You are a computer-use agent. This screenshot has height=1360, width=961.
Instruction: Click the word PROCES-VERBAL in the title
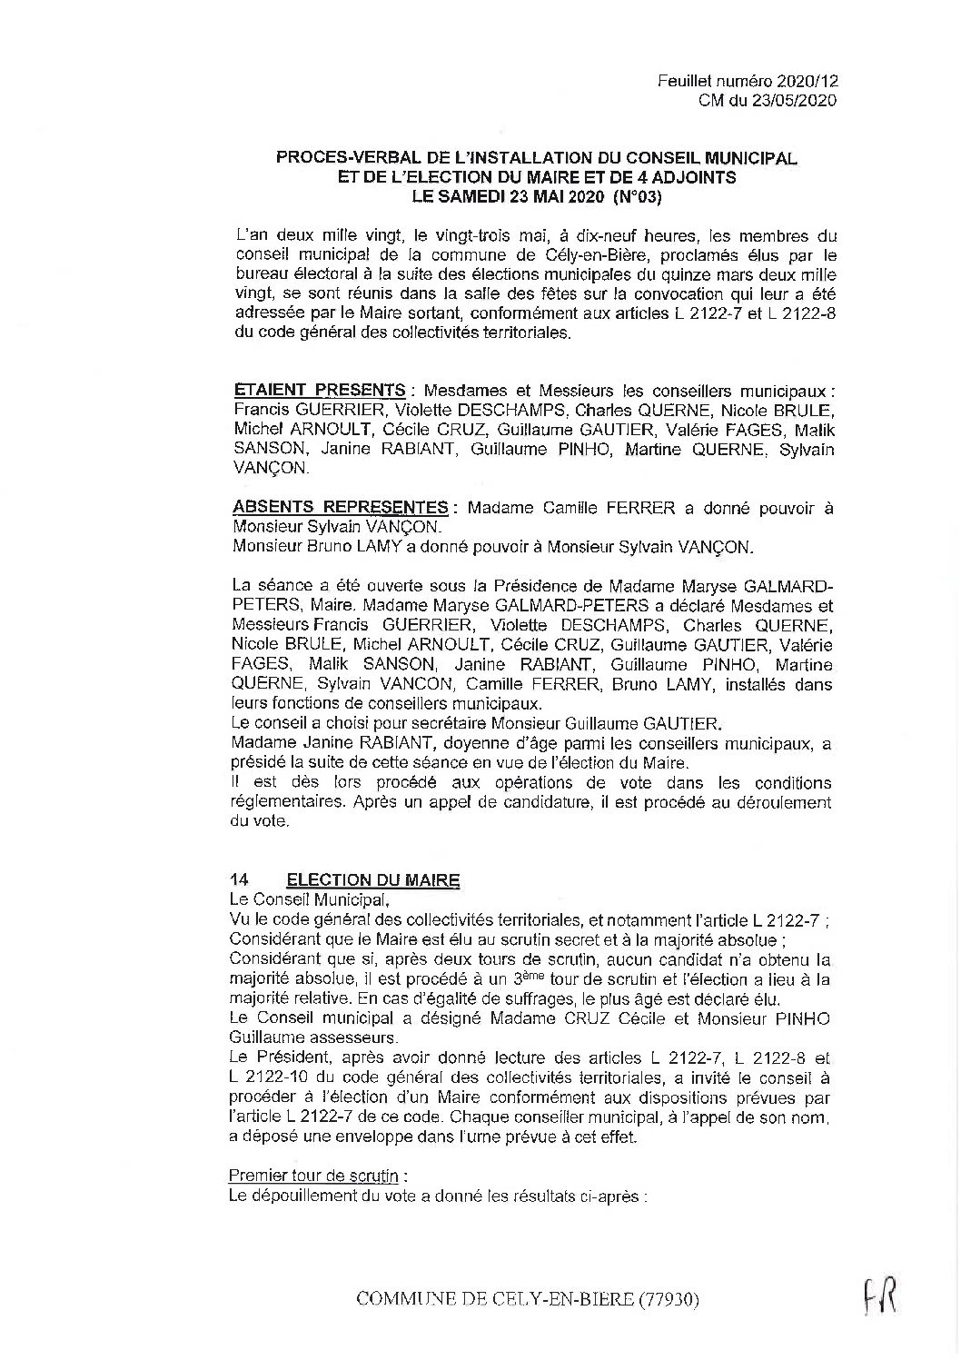point(335,157)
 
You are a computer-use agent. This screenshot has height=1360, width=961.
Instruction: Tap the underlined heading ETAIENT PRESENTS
point(319,391)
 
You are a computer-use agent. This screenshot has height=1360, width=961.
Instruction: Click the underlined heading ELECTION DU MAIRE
point(372,879)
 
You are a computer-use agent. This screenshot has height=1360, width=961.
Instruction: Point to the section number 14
point(240,879)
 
